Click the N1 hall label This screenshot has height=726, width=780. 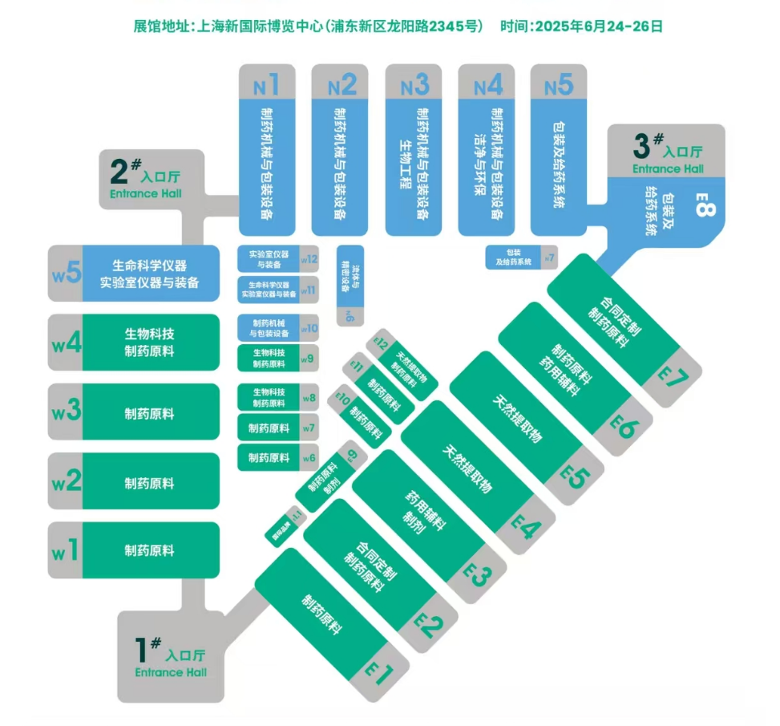point(266,83)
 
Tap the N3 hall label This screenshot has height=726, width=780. point(414,83)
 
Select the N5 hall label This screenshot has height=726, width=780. point(559,83)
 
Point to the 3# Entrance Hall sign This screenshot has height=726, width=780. point(667,154)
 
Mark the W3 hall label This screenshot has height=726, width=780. point(67,412)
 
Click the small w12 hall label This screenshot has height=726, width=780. point(309,259)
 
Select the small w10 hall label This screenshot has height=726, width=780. point(309,328)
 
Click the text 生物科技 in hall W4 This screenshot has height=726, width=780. point(149,333)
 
